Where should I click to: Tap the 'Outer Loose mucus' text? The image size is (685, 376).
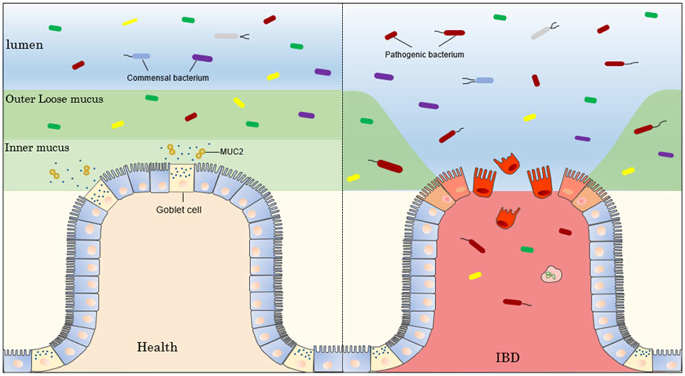point(54,99)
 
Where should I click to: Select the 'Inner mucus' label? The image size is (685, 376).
point(37,148)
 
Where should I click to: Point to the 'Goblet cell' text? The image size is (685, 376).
point(179,210)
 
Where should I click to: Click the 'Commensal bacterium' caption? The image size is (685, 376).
point(168,78)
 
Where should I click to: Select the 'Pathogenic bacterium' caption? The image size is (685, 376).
point(424,55)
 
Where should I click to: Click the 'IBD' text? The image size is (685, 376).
point(507,358)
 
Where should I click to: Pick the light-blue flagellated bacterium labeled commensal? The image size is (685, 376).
point(141,56)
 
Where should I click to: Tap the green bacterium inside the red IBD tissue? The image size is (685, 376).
point(527,249)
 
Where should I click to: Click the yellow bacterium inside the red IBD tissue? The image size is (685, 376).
point(475,276)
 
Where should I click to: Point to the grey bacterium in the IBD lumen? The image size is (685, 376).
point(540,33)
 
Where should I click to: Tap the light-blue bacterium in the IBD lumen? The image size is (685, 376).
point(485,80)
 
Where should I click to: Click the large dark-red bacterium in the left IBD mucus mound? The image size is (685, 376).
point(390,166)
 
